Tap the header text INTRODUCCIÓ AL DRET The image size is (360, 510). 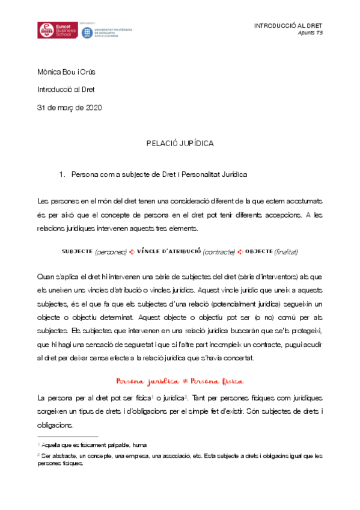[x=288, y=26]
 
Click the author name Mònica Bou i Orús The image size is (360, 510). [x=67, y=73]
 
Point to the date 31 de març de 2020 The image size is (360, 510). [x=70, y=108]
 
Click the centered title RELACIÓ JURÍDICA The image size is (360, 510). [x=180, y=144]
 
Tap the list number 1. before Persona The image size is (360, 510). [x=62, y=174]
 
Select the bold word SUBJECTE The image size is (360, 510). [x=76, y=251]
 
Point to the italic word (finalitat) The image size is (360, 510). [x=287, y=251]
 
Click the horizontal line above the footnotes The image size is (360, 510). [x=67, y=436]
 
